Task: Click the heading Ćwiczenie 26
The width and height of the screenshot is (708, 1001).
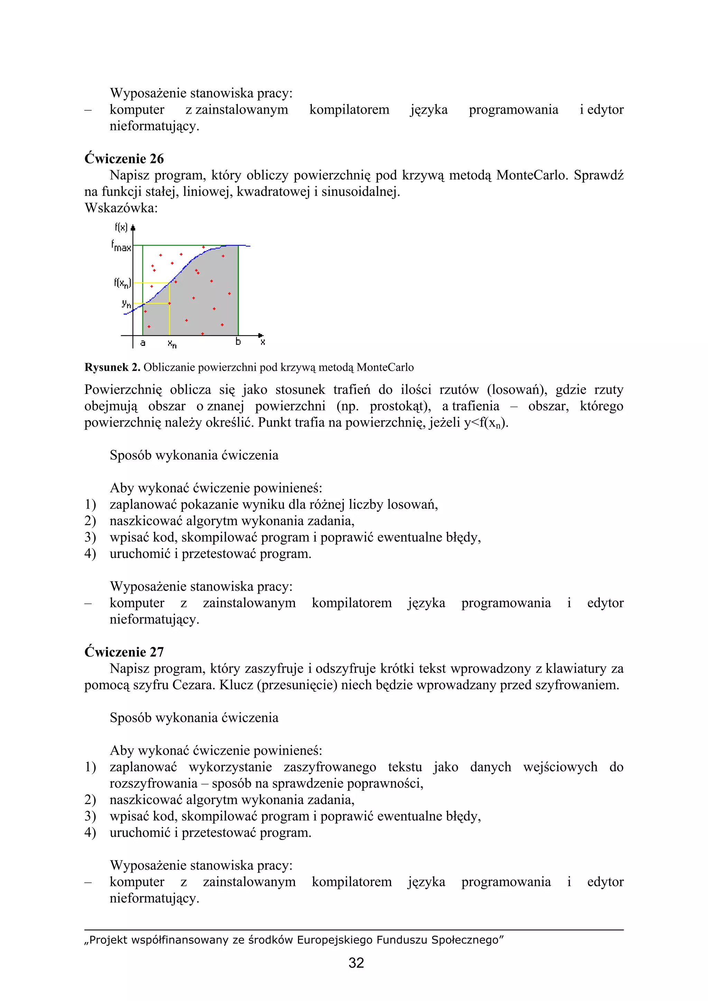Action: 124,159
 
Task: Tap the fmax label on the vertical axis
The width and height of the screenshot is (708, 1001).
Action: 121,246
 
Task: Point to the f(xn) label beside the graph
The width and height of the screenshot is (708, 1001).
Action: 122,283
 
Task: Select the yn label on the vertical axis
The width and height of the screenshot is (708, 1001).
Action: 126,303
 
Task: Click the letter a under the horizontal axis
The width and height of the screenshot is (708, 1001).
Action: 143,343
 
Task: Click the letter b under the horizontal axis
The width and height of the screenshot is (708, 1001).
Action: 238,342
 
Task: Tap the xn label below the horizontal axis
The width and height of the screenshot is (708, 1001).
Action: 172,344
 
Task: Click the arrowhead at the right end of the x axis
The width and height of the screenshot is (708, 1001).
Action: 261,335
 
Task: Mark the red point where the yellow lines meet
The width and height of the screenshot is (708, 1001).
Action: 169,303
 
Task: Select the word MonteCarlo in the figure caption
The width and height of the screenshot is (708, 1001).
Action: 385,368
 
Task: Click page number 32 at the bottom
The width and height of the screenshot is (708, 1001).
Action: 356,963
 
